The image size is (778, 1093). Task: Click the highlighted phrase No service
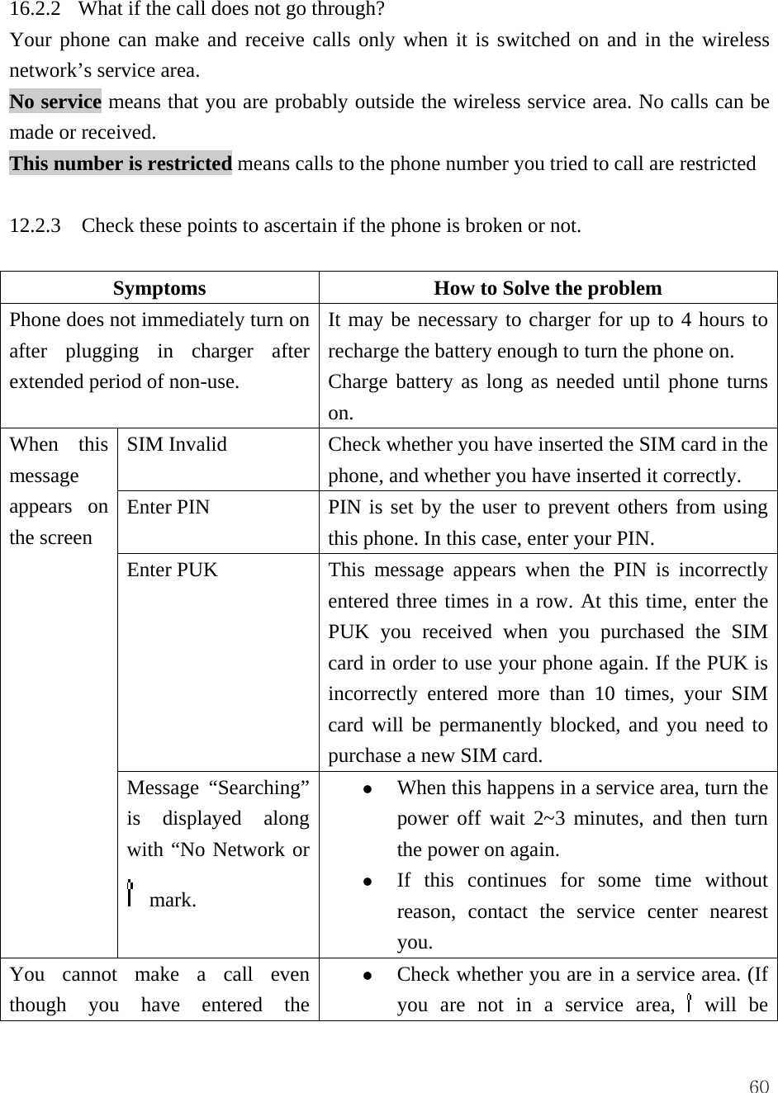tap(55, 102)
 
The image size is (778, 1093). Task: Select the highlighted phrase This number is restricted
tap(121, 163)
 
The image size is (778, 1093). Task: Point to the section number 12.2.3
tap(34, 226)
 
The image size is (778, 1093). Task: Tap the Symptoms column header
tap(159, 288)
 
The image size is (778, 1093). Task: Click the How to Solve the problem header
tap(548, 288)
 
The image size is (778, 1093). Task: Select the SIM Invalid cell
tap(177, 444)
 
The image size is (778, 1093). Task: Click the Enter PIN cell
tap(168, 507)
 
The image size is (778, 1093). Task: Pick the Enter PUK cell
tap(173, 570)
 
